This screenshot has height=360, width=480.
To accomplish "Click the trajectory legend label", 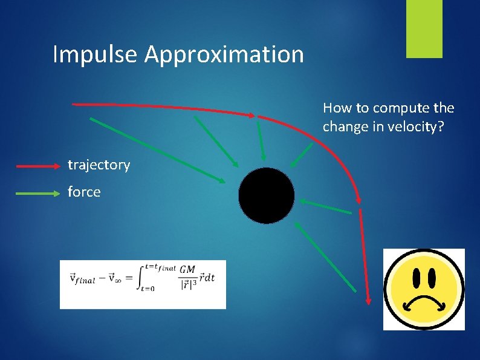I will (x=99, y=165).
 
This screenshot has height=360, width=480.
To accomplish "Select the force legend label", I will (x=84, y=192).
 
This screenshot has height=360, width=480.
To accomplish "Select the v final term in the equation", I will (x=82, y=278).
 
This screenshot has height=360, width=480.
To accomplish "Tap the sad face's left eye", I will (x=416, y=278).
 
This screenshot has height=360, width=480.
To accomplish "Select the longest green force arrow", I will (x=157, y=149).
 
